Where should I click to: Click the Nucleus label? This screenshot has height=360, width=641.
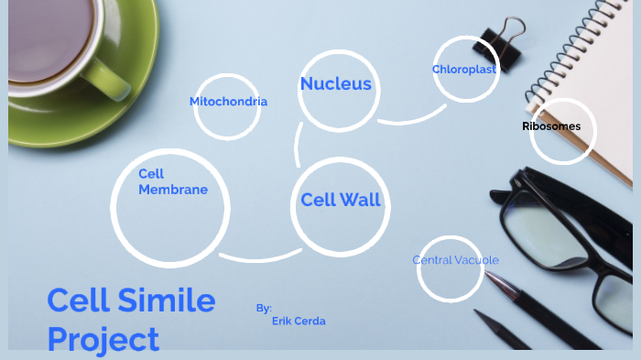[336, 84]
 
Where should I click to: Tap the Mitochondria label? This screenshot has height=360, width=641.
[228, 102]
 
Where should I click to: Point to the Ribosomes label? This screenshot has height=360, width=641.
[551, 126]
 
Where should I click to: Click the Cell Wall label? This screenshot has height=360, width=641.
[341, 200]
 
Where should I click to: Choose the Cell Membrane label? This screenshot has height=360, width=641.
[172, 181]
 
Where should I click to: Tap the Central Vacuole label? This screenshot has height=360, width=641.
[455, 260]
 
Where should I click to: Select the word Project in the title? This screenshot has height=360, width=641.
[103, 339]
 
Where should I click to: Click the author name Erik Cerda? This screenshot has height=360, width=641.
[299, 322]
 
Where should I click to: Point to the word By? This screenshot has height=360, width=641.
[264, 308]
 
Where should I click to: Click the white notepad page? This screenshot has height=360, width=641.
[586, 55]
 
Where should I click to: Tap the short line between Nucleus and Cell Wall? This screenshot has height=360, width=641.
[298, 145]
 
